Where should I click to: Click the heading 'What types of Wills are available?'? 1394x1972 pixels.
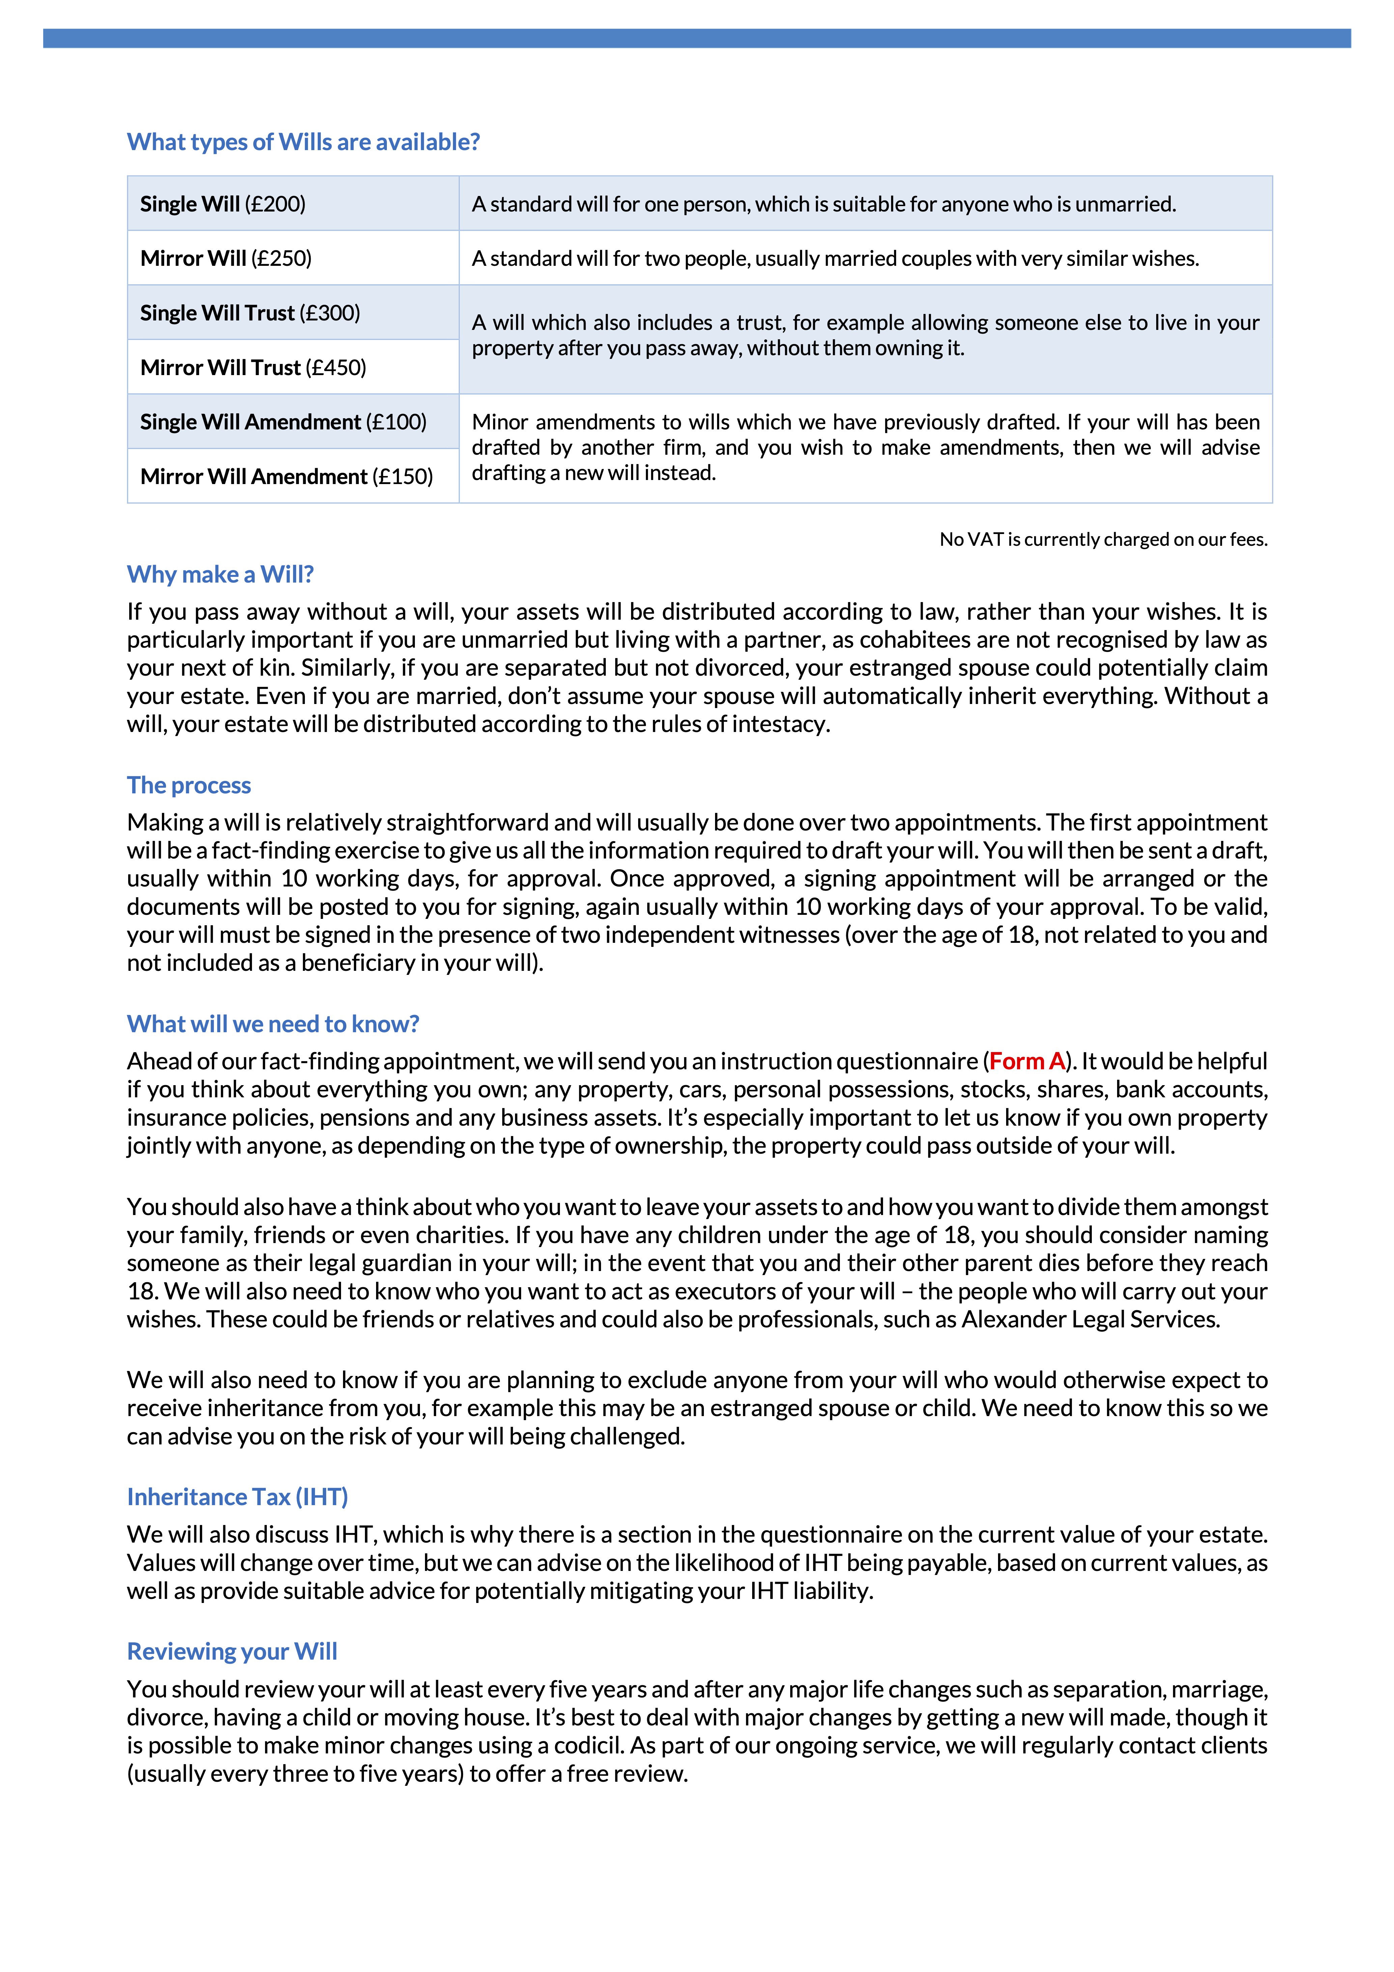[303, 142]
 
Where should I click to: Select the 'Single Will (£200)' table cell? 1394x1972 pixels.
[223, 203]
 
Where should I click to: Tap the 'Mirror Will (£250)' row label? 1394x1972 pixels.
[226, 258]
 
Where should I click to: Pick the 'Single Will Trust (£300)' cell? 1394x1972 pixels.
[250, 313]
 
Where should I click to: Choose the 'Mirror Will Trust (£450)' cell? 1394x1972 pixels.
[253, 368]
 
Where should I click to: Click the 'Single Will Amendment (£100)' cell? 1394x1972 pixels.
[283, 422]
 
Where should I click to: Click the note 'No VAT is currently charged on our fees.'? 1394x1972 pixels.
[1103, 539]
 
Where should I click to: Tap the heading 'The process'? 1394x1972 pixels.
[189, 785]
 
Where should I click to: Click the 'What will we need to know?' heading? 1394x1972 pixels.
[273, 1024]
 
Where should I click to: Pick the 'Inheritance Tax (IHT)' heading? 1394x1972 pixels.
[237, 1497]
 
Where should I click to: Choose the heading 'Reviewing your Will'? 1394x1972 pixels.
[232, 1652]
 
